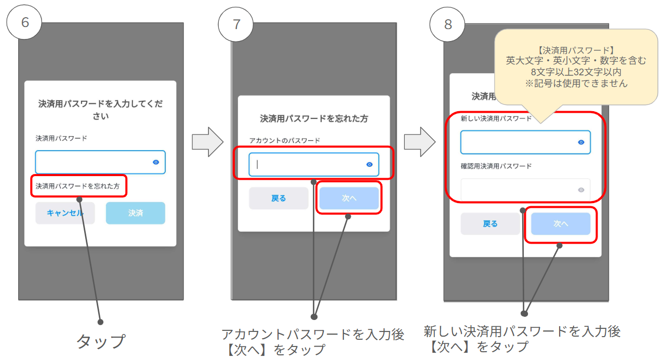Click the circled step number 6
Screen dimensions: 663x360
[24, 22]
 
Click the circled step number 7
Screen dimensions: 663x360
[235, 24]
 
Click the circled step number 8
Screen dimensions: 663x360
[447, 24]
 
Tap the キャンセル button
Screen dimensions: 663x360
[65, 213]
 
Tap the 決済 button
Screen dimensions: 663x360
[136, 213]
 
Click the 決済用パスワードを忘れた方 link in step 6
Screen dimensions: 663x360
[77, 186]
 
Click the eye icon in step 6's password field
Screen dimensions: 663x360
[156, 162]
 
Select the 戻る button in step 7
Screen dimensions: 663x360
[279, 198]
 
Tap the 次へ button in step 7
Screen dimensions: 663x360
[349, 198]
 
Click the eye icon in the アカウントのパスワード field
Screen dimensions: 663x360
[369, 165]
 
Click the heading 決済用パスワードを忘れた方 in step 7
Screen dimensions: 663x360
[314, 118]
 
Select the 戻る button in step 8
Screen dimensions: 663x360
[490, 223]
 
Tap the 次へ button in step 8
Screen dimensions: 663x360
[561, 223]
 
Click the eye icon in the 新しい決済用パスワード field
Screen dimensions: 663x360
[581, 142]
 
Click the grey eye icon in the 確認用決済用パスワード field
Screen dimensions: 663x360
[581, 190]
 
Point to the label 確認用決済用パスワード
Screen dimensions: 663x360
[496, 166]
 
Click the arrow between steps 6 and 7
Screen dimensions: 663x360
[207, 142]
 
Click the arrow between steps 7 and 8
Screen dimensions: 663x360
[420, 142]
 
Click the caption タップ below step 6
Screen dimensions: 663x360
[101, 341]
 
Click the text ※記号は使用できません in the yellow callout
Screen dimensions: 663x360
[576, 84]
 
